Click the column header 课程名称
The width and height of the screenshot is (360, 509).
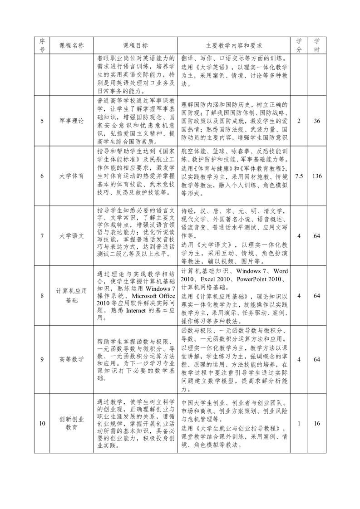click(72, 46)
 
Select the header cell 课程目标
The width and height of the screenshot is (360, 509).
click(135, 46)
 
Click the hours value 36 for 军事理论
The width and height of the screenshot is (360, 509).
click(317, 122)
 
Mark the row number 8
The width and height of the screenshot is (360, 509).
click(42, 296)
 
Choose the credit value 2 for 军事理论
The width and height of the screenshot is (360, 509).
click(299, 122)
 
